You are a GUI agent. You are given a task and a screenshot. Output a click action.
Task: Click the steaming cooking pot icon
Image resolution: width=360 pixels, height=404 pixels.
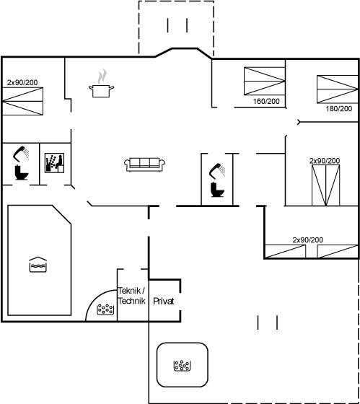pyautogui.click(x=101, y=83)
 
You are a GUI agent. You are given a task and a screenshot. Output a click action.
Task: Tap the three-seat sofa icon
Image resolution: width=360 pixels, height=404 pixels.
pyautogui.click(x=144, y=164)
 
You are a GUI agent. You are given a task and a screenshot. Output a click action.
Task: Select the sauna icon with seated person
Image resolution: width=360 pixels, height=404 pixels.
pyautogui.click(x=54, y=163)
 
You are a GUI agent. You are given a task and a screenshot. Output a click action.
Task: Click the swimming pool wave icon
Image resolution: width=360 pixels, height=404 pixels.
pyautogui.click(x=38, y=265)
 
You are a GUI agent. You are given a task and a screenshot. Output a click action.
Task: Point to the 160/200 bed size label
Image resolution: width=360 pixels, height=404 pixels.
pyautogui.click(x=266, y=101)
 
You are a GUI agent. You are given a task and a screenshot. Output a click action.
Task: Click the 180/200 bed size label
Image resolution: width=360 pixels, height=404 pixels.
pyautogui.click(x=339, y=108)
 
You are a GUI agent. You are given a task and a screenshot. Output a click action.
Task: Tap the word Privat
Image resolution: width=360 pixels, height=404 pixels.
pyautogui.click(x=163, y=301)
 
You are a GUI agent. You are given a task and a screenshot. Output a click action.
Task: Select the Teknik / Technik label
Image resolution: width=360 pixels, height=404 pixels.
pyautogui.click(x=132, y=296)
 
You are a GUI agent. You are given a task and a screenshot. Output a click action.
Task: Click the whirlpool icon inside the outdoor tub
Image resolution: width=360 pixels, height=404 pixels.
pyautogui.click(x=183, y=365)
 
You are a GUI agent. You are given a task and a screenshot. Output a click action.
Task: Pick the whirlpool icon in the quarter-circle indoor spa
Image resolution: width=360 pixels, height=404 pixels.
pyautogui.click(x=105, y=309)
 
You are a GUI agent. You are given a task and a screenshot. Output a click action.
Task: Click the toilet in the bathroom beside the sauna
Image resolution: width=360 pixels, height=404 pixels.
pyautogui.click(x=21, y=172)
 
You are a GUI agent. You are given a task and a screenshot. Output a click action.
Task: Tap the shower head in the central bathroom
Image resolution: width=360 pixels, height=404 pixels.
pyautogui.click(x=217, y=170)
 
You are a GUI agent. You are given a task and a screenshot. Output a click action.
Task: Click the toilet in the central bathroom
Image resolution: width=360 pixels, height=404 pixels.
pyautogui.click(x=217, y=190)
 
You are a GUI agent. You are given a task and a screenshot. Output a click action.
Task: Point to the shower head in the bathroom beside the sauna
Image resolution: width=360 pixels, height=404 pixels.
pyautogui.click(x=21, y=154)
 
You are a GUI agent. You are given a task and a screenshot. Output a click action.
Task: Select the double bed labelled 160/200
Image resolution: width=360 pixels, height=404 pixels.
pyautogui.click(x=264, y=81)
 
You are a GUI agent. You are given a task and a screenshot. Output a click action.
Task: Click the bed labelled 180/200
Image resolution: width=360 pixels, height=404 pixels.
pyautogui.click(x=338, y=89)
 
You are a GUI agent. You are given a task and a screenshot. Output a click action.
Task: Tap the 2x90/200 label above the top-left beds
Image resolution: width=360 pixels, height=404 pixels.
pyautogui.click(x=22, y=82)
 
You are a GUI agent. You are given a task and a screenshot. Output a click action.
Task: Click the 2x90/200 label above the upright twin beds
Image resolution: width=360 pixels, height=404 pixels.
pyautogui.click(x=325, y=161)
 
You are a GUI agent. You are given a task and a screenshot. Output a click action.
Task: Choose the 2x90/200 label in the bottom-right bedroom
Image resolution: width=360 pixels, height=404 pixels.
pyautogui.click(x=307, y=240)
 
